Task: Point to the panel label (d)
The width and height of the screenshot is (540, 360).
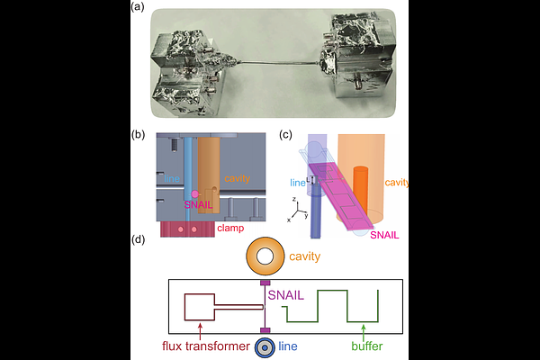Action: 138,242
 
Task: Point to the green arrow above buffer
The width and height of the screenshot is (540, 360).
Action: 363,329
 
